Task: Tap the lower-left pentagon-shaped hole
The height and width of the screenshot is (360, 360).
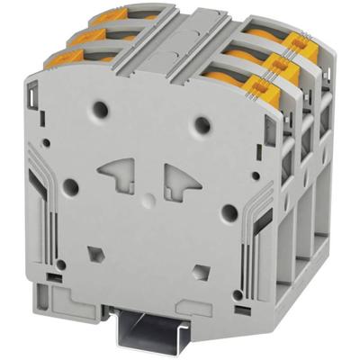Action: pyautogui.click(x=94, y=249)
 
